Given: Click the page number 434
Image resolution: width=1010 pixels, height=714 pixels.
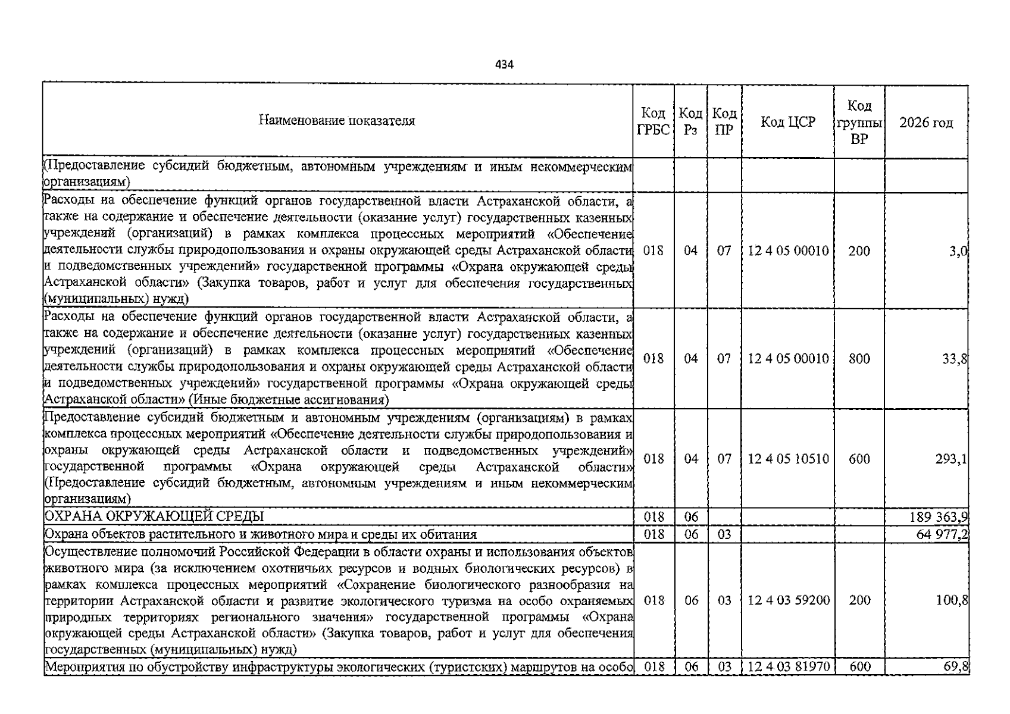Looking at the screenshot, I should click(504, 64).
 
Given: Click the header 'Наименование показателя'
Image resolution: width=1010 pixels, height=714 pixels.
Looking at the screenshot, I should click(337, 121).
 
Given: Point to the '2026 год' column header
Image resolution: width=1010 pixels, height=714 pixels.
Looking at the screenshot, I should click(925, 123).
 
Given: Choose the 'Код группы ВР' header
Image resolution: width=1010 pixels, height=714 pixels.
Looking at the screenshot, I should click(859, 123).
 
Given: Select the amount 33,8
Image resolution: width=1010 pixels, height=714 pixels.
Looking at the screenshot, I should click(955, 359).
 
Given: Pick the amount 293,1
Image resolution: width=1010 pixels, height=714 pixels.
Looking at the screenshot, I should click(951, 459).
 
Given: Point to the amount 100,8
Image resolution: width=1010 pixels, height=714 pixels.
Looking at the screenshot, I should click(952, 600).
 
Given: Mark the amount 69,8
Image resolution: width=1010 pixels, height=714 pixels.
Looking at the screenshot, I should click(956, 666).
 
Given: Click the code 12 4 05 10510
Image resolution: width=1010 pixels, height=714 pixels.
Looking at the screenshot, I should click(788, 459).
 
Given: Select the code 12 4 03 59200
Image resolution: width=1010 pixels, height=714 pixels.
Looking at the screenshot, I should click(788, 600).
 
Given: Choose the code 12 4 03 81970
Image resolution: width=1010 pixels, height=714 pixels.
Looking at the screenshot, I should click(788, 666).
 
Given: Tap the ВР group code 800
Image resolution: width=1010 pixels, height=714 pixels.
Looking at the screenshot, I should click(859, 359).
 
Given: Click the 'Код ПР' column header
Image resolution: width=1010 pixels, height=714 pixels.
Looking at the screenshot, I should click(724, 122).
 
